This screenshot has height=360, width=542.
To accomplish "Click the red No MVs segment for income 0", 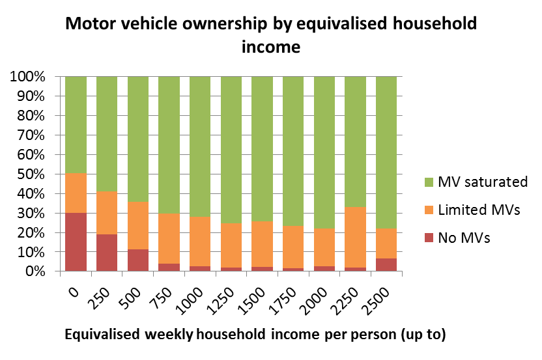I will coord(76,242).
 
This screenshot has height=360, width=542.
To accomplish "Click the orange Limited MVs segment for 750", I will coord(169,238).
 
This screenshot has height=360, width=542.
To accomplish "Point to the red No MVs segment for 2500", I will coord(386,264).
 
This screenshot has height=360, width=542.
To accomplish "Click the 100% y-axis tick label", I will coord(27,77).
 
